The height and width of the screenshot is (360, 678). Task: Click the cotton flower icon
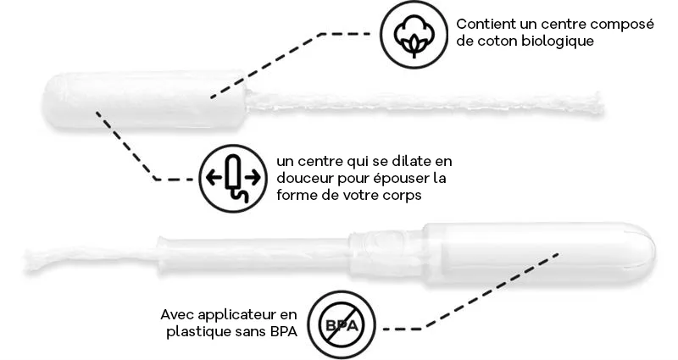coord(414,34)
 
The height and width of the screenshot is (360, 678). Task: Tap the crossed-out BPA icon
coord(342,324)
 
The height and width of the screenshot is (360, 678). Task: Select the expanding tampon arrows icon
coord(233,178)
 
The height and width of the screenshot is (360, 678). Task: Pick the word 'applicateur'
coord(237,315)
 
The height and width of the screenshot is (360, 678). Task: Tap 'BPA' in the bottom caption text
coord(283,332)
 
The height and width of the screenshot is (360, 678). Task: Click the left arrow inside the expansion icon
coord(214,177)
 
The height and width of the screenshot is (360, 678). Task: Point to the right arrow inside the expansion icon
coord(253,177)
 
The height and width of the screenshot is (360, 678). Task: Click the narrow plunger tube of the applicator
coord(254,254)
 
